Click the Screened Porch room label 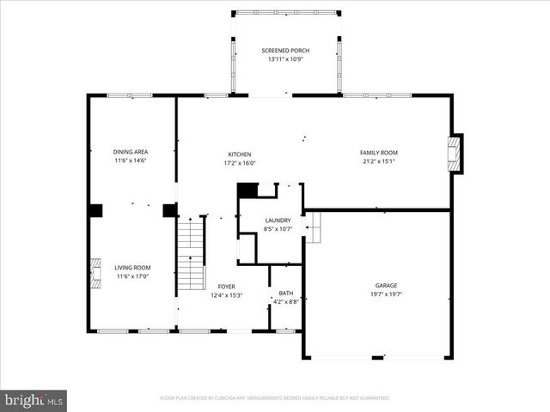tap(285, 51)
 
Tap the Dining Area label tap(131, 152)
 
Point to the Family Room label tap(378, 153)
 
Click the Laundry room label tap(277, 221)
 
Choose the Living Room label tap(132, 268)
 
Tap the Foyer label tap(226, 287)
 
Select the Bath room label tap(285, 293)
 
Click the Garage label tap(386, 285)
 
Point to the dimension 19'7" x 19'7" tap(386, 294)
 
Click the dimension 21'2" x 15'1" tap(378, 161)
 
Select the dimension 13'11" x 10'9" tap(285, 59)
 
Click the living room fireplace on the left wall tap(95, 270)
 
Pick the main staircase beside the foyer tap(191, 253)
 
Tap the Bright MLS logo tap(34, 400)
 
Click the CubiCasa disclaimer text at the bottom tap(275, 398)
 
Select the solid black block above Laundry tap(247, 191)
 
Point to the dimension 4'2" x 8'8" tap(285, 301)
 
